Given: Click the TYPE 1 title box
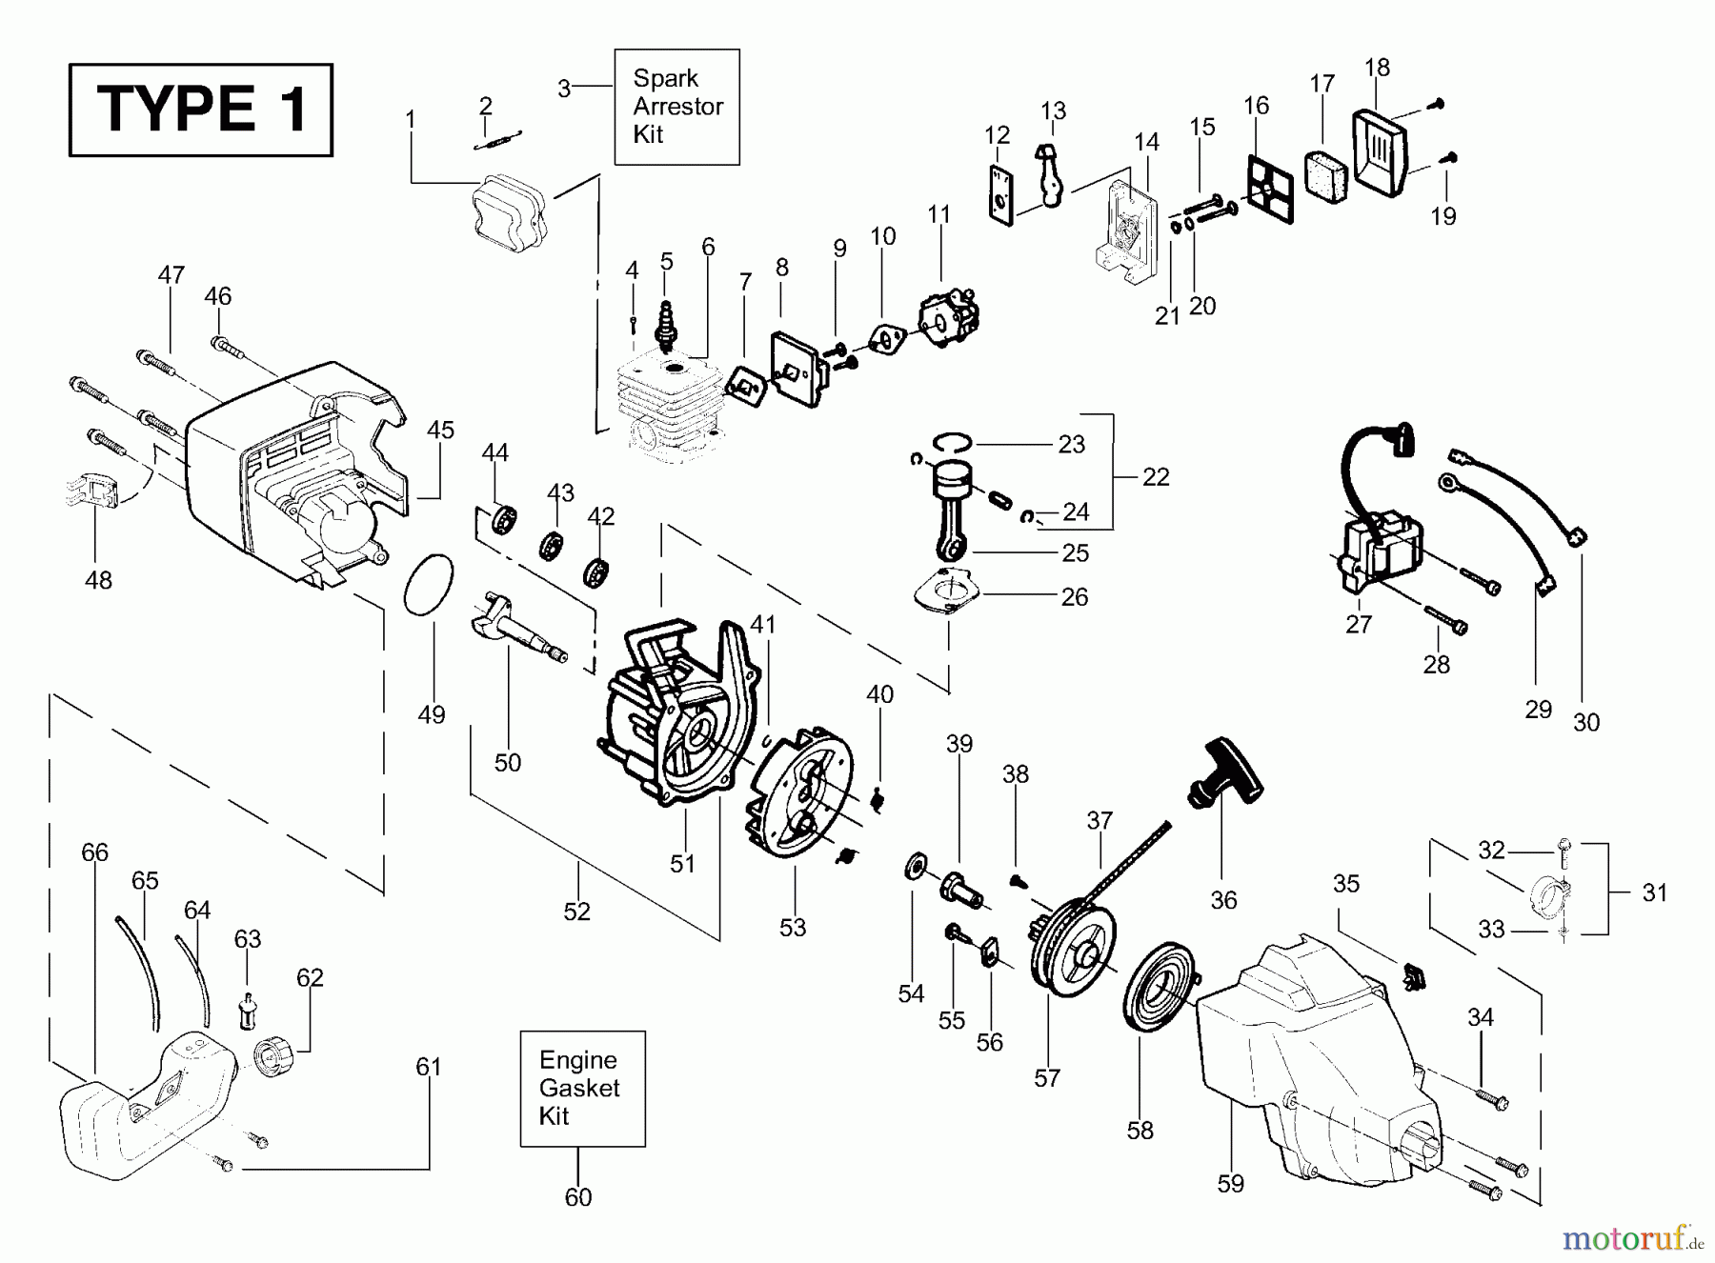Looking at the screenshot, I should pos(201,110).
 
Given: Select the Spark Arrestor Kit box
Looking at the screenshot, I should pos(676,107).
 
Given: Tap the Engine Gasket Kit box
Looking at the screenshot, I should pos(582,1088).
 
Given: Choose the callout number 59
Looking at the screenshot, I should pos(1231,1184).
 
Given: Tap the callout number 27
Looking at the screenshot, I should pos(1359,625).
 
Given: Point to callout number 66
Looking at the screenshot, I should pos(94,852).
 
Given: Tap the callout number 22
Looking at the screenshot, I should pos(1156,476).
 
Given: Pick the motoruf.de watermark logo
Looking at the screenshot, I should pos(1630,1237).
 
